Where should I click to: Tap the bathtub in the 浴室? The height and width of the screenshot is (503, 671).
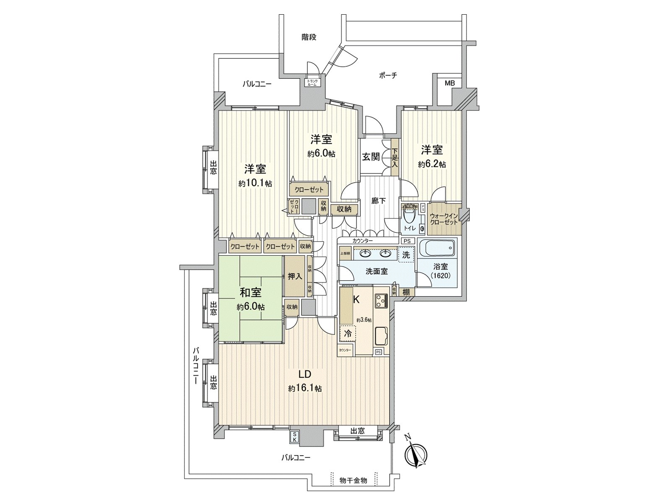437,250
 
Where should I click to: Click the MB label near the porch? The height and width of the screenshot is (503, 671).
450,83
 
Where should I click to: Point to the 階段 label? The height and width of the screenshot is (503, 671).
309,37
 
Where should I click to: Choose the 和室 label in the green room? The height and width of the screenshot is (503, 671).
251,292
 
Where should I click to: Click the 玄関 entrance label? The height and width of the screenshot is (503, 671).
371,157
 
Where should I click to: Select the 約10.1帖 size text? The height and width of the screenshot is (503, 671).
255,183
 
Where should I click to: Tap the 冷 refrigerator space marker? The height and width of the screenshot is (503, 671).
348,334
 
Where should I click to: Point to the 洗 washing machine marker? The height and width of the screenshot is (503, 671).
406,254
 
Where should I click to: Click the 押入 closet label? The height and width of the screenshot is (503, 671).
295,276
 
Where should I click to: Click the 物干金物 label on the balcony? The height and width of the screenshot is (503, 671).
353,480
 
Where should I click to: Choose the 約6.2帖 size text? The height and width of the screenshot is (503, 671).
432,164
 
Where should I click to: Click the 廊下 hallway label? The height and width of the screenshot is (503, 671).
379,201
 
